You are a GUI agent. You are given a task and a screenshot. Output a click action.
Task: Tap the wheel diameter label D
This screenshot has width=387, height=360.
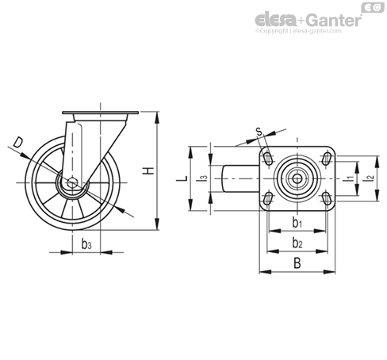click(x=18, y=142)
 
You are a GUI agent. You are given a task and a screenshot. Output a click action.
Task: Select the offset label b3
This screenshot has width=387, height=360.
click(x=86, y=244)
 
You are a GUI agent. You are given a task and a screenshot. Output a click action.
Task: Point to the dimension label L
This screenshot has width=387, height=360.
click(x=182, y=178)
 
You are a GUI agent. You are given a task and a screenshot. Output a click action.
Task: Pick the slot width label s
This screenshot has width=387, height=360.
click(x=259, y=131)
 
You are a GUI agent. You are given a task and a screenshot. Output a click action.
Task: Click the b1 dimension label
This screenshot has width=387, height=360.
click(x=297, y=223)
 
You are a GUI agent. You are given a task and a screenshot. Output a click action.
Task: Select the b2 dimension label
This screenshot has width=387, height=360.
click(x=297, y=243)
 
